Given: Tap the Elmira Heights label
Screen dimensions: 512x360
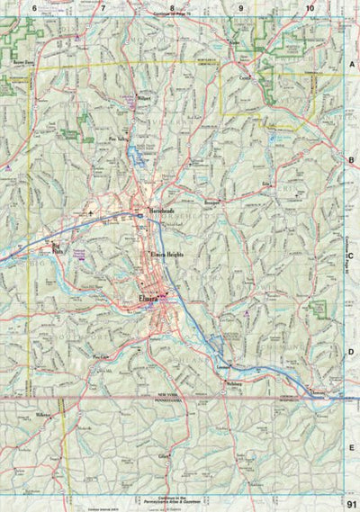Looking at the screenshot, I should (x=166, y=256).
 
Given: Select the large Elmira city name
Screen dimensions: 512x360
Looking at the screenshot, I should (x=148, y=297).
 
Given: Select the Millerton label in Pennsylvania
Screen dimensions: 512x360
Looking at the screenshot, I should (x=44, y=415).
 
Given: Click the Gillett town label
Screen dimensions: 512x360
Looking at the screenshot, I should (x=164, y=457).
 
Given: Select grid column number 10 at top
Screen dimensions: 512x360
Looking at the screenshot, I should (x=310, y=8).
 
